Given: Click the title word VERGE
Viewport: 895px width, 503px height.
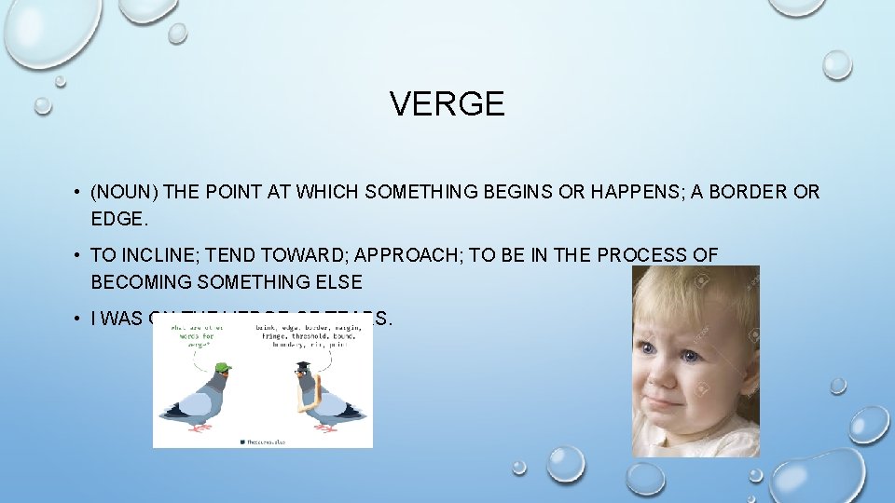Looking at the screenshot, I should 447,103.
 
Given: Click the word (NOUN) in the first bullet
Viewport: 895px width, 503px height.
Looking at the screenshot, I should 125,192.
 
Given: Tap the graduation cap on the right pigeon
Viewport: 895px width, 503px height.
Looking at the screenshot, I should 305,366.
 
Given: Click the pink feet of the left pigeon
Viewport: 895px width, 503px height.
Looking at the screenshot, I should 200,428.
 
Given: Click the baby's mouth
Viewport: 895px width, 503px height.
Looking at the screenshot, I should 668,403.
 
